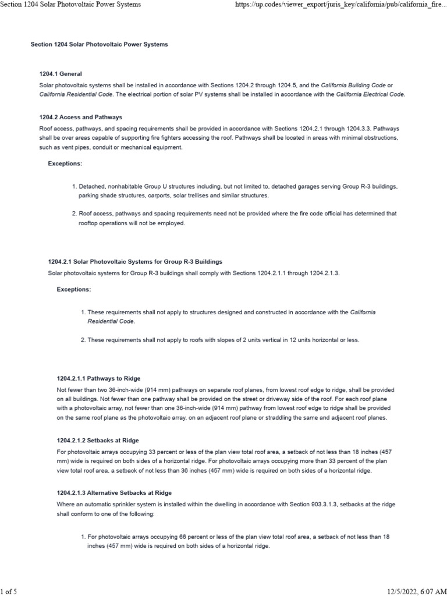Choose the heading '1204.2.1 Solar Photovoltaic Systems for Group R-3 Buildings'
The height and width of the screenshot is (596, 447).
[x=134, y=261]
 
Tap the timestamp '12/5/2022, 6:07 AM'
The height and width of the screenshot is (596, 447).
[x=415, y=591]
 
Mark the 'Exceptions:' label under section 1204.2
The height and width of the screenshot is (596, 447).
[x=65, y=164]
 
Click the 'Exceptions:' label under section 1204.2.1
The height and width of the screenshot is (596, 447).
[x=74, y=289]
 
